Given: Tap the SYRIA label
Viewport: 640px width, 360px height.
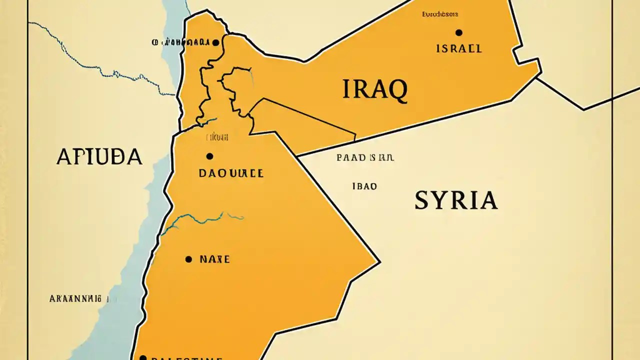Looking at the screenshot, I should tap(456, 200).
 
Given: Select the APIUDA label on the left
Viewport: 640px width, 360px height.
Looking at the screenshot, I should tap(99, 156).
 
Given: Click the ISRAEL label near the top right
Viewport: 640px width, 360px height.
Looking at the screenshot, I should tap(459, 48).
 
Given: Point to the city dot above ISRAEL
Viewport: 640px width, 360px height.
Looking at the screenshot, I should tap(458, 32).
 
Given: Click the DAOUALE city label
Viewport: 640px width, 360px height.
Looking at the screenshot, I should tap(231, 173).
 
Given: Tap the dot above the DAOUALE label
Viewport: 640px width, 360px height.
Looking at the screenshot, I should tap(209, 156).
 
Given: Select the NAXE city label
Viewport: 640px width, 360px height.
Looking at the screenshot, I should tap(214, 259).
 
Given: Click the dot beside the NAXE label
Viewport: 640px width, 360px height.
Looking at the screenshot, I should tap(188, 259).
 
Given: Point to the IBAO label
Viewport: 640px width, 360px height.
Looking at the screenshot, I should tap(364, 186).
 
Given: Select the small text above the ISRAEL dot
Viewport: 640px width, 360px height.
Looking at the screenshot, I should tap(440, 15).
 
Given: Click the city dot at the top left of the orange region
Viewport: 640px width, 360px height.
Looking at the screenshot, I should tap(215, 43).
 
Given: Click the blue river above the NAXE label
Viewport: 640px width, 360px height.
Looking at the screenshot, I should tap(200, 218).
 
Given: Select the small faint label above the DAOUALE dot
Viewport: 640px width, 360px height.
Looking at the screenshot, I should tap(217, 136).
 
